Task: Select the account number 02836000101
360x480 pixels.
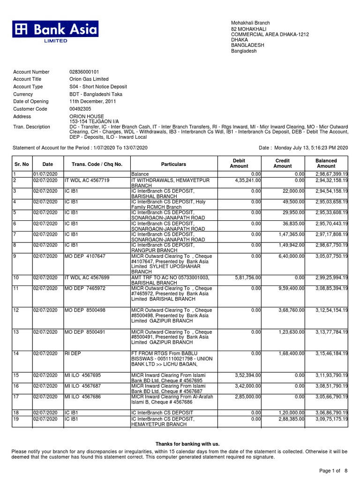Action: [x=84, y=72]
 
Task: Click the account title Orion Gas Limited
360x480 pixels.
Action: [x=89, y=80]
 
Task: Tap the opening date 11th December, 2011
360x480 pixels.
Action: [x=95, y=102]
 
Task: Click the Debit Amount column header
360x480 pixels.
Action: [x=239, y=164]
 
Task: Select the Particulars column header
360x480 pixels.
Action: [x=173, y=165]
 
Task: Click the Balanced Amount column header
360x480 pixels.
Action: [x=326, y=164]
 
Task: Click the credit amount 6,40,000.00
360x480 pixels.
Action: [x=290, y=256]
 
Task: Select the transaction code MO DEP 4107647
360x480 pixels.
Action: [x=85, y=256]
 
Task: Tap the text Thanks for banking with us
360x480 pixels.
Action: [x=187, y=444]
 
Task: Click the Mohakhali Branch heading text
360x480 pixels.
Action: [x=250, y=23]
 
